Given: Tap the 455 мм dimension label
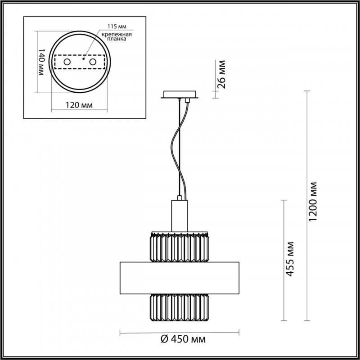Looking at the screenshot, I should click(x=291, y=259).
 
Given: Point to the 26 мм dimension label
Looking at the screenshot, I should click(x=221, y=73).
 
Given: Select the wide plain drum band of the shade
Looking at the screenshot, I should click(x=180, y=276).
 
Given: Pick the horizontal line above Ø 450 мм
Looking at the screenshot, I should click(x=180, y=333).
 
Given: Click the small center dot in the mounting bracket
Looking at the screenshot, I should click(x=84, y=58).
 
